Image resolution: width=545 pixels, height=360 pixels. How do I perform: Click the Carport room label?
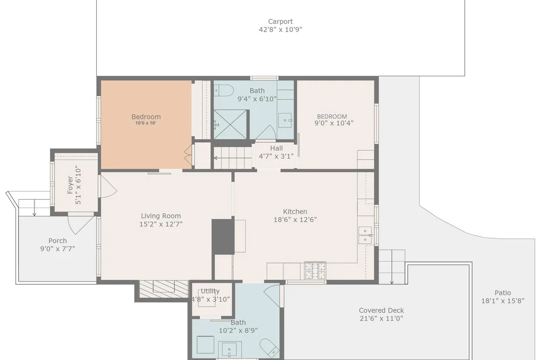[x=280, y=22]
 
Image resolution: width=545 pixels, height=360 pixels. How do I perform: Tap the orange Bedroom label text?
[x=146, y=117]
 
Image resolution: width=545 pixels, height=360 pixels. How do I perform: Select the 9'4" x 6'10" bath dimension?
[x=257, y=99]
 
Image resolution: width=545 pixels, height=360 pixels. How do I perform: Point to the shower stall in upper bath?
[x=230, y=124]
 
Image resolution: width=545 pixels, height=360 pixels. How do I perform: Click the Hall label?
[x=277, y=149]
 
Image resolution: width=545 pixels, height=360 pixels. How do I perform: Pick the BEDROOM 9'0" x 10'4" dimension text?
[x=334, y=123]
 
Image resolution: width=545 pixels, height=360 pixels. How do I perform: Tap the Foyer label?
[x=70, y=185]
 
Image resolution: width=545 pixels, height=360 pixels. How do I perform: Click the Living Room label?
[x=161, y=216]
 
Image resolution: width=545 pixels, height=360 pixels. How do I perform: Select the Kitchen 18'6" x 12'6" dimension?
[x=295, y=220]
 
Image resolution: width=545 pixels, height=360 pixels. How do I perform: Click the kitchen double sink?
[x=365, y=235]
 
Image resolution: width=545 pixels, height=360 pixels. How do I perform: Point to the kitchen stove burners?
[x=315, y=270]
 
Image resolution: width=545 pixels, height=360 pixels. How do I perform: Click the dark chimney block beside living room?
[x=223, y=236]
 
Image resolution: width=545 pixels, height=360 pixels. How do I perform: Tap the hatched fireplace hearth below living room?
[x=164, y=289]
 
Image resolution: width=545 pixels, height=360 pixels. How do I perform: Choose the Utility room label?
[x=210, y=291]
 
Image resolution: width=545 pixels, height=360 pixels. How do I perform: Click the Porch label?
[x=58, y=241]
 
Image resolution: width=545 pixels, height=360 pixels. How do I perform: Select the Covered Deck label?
[x=381, y=310]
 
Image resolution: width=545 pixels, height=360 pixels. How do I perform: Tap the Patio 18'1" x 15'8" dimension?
[x=502, y=301]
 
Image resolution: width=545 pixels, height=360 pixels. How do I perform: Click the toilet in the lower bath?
[x=270, y=348]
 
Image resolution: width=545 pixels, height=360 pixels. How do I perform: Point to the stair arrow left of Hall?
[x=232, y=158]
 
